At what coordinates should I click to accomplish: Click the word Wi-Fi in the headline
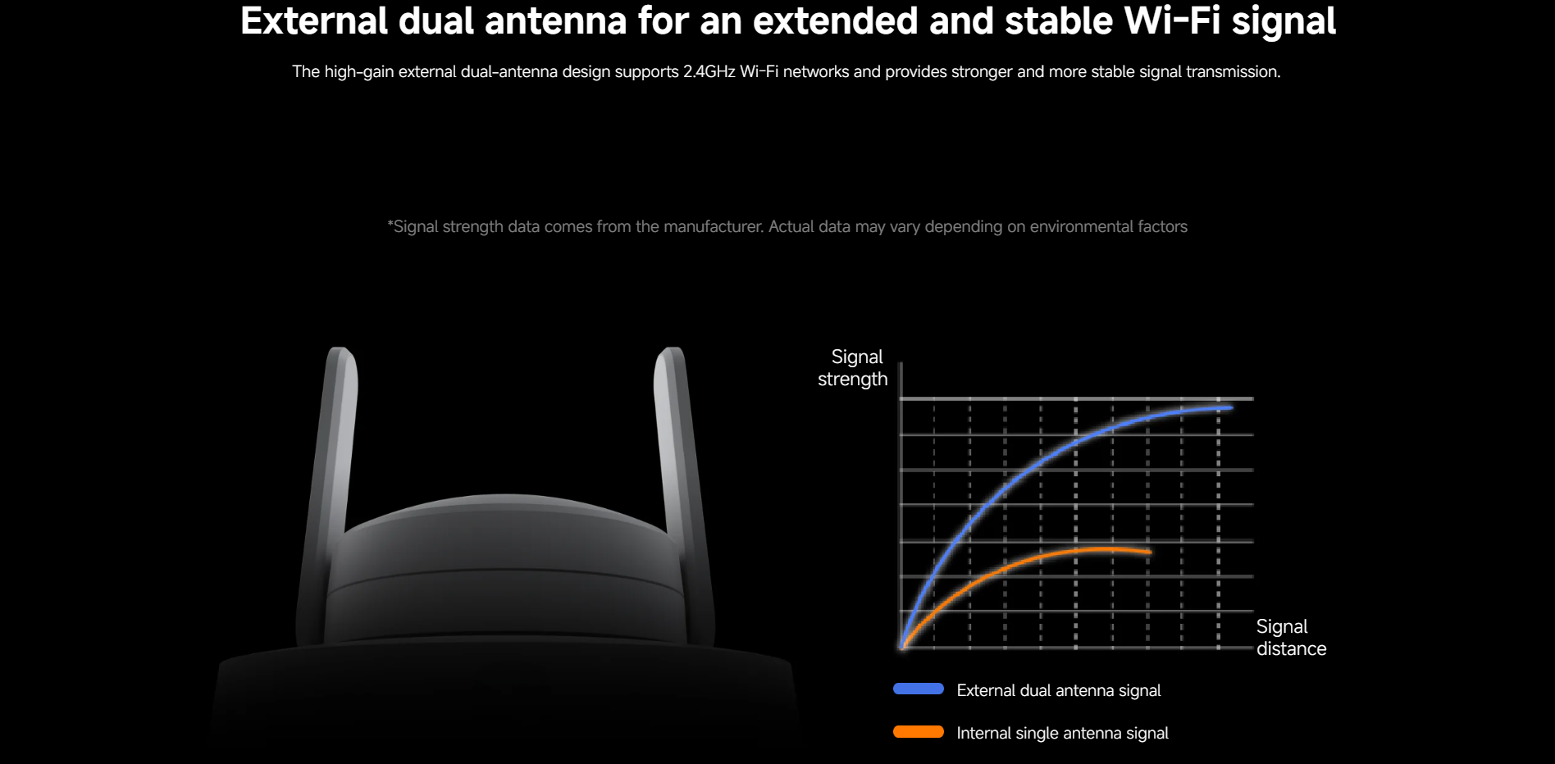(x=1173, y=21)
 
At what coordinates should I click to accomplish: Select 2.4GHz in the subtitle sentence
(x=709, y=72)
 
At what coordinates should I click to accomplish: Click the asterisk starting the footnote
(x=390, y=223)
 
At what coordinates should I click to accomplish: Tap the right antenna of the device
(x=684, y=492)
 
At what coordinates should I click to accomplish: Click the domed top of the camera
(x=506, y=525)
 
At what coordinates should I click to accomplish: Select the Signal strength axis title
(x=853, y=368)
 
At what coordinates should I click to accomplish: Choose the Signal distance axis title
(x=1291, y=638)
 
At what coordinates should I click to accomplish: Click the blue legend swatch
(x=919, y=689)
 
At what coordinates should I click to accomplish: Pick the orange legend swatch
(x=919, y=732)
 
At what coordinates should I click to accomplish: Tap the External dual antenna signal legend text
(x=1059, y=691)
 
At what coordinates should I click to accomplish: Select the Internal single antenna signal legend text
(x=1062, y=734)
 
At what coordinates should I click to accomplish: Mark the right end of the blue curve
(x=1231, y=407)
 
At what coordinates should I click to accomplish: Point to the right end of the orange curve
(x=1150, y=553)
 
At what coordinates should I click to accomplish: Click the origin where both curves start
(x=902, y=648)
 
